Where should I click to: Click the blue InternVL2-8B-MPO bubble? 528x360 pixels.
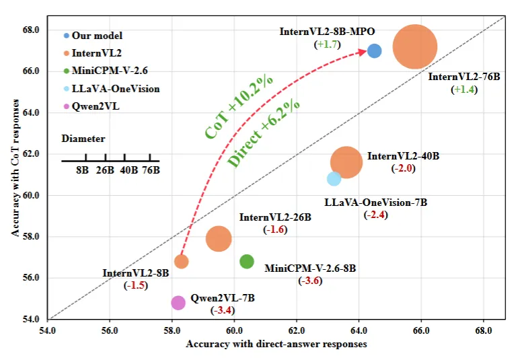point(375,50)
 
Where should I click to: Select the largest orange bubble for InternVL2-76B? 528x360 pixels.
point(415,46)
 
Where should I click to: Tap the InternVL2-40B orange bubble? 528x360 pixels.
point(346,162)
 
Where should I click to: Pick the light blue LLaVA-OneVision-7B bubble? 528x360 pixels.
point(334,178)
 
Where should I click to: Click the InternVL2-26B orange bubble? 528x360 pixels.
point(219,238)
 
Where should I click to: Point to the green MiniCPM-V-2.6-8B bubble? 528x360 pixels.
point(247,261)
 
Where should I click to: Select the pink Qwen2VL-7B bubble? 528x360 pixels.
point(178,303)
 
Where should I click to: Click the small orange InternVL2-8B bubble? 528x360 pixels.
point(181,261)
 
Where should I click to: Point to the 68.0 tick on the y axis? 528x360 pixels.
point(32,30)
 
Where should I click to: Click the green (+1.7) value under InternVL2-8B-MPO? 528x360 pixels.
point(328,44)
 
